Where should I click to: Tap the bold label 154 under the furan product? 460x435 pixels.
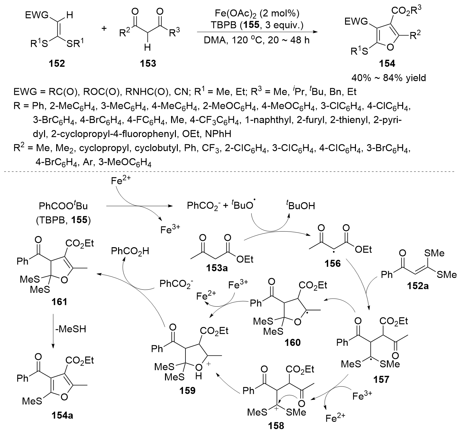[386, 63]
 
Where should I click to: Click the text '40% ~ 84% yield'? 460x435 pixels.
[388, 78]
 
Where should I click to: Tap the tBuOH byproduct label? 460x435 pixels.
[300, 206]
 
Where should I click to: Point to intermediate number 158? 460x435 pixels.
[275, 426]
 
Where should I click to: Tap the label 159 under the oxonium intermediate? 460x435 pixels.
[188, 390]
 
